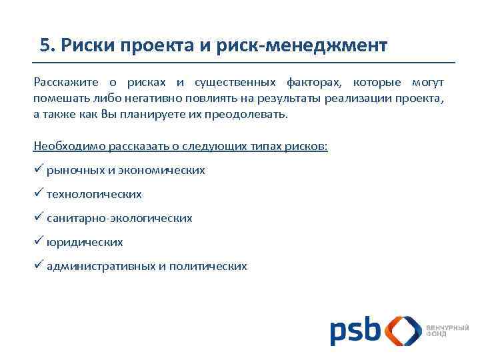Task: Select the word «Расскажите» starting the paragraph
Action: [66, 82]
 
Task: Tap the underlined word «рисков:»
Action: [308, 146]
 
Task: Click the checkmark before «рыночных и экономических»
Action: [38, 169]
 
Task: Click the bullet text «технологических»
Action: [94, 194]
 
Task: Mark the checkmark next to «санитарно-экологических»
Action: [38, 217]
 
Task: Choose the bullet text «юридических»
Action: [85, 242]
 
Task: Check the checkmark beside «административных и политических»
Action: [38, 265]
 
